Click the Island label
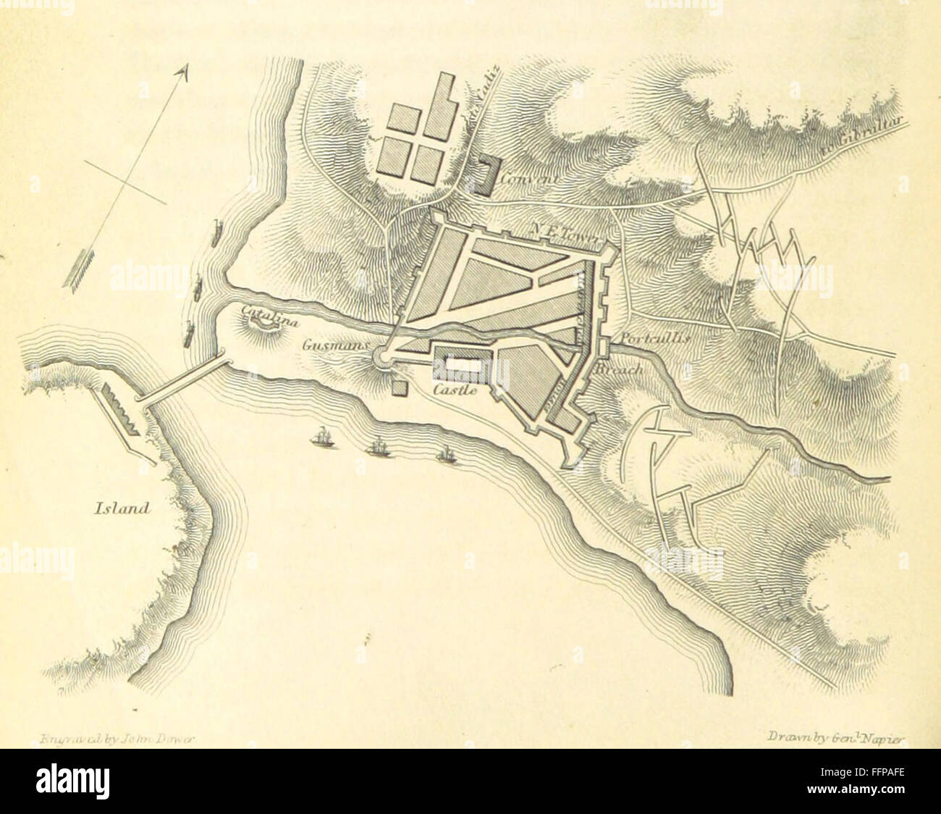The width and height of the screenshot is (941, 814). (x=122, y=508)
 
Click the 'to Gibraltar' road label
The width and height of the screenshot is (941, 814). (x=861, y=137)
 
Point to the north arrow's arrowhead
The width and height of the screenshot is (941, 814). (x=183, y=70)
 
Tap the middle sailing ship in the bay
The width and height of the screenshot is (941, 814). (x=379, y=448)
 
